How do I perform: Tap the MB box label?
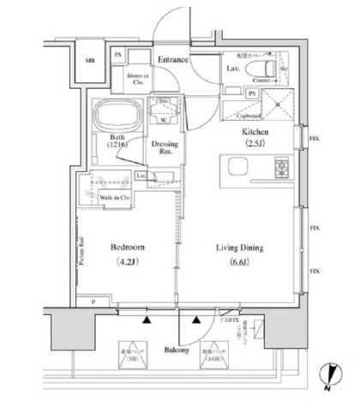[88, 62]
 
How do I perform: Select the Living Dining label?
[238, 248]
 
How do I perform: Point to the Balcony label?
[178, 351]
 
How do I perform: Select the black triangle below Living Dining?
[199, 320]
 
